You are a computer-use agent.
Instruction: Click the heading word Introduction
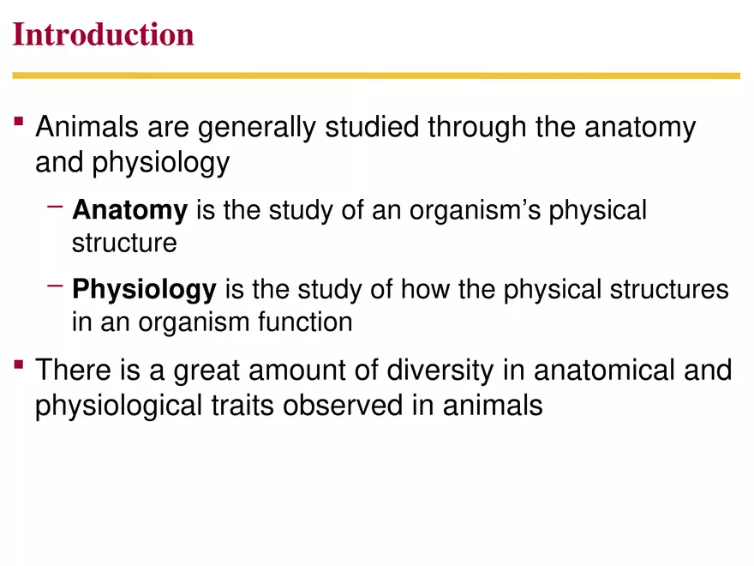point(104,35)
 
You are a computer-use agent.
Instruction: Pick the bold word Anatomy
point(129,210)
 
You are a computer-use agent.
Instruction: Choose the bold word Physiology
point(144,290)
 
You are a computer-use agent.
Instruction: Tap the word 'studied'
point(374,129)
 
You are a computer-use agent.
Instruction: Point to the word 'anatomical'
point(603,371)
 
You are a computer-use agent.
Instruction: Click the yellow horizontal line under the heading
point(377,75)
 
